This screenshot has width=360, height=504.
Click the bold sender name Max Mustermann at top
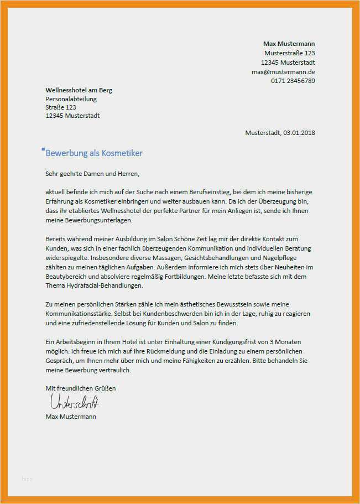(x=289, y=43)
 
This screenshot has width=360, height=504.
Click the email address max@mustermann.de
(x=283, y=71)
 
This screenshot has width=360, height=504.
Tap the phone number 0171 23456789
(x=293, y=81)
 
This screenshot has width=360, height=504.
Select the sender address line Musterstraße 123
(x=289, y=53)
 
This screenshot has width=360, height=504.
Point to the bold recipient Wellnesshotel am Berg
(x=79, y=90)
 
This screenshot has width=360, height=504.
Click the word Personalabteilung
(x=71, y=99)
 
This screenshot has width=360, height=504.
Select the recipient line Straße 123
(x=61, y=107)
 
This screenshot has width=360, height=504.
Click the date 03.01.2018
(x=299, y=133)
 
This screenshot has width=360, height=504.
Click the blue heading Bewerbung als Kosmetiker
(x=94, y=153)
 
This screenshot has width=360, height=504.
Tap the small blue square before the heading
(x=43, y=149)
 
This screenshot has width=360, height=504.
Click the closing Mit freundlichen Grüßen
(x=81, y=388)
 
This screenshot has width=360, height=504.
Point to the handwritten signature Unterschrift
(x=74, y=401)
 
